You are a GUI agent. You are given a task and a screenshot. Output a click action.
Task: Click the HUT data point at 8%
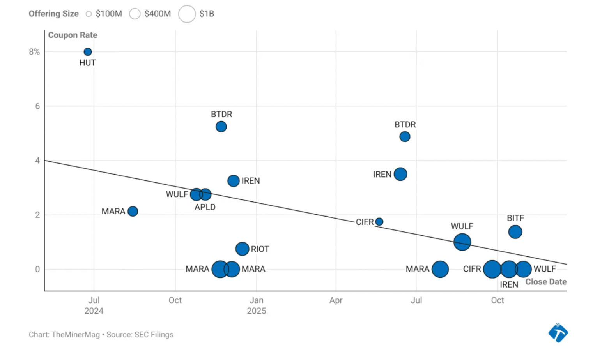point(88,52)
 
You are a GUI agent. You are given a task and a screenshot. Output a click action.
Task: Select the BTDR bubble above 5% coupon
point(221,127)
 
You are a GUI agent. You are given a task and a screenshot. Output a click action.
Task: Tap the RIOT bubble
point(242,249)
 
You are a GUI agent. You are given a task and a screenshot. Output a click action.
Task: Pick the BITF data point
point(515,232)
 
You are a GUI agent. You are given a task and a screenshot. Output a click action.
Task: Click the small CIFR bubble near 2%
point(379,222)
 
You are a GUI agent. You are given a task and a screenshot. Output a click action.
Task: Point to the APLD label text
point(205,207)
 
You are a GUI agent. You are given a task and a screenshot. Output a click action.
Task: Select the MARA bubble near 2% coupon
point(133,211)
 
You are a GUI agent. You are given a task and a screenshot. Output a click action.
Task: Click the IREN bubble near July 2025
point(400,174)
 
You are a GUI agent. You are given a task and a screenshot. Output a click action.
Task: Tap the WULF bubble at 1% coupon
point(462,242)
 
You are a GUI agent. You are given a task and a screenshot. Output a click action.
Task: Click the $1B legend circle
point(187,14)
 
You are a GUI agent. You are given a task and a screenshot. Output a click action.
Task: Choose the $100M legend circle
point(89,14)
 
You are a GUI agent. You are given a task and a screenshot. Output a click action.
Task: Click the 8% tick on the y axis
point(34,52)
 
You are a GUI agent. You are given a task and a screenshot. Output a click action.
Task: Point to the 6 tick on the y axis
point(37,106)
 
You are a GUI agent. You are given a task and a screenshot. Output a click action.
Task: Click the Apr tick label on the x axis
point(336,300)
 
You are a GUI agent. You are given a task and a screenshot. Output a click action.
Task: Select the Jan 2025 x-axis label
point(256,305)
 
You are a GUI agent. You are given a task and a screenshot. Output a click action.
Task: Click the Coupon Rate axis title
point(73,35)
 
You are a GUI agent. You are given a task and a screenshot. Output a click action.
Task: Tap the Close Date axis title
point(545,282)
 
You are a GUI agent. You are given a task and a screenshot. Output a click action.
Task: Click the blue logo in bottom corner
point(558,333)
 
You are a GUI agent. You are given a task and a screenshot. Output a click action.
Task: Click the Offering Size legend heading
point(53,14)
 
